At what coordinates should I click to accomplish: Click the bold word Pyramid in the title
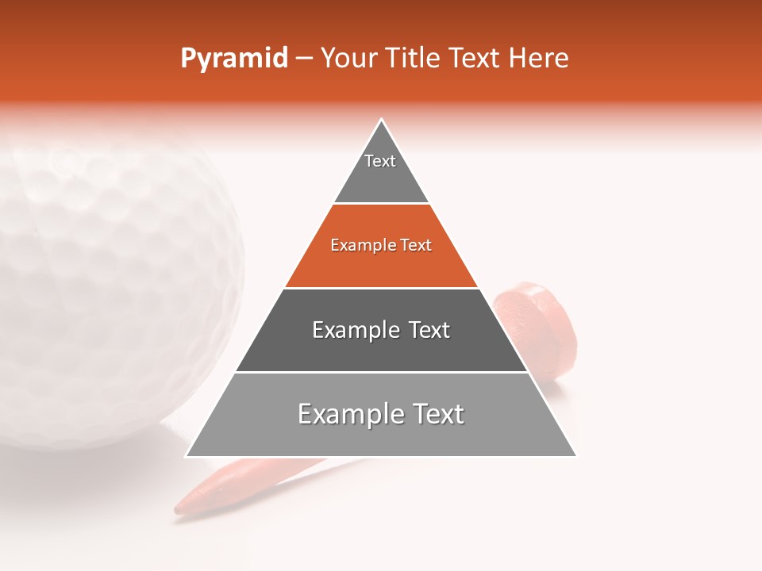234,59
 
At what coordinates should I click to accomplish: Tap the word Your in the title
349,59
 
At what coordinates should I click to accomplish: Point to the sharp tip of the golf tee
179,508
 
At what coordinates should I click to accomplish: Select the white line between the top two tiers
381,203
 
